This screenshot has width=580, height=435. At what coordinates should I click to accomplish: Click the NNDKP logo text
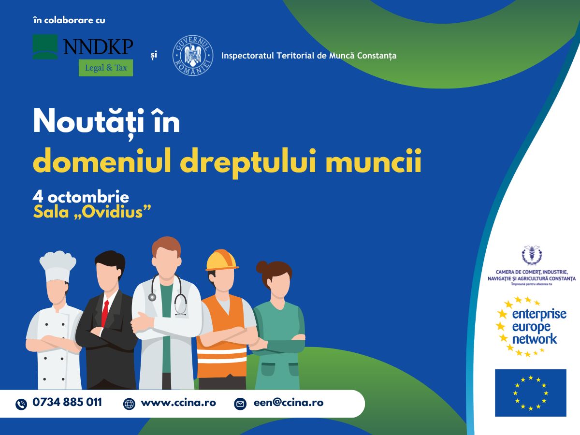[98, 47]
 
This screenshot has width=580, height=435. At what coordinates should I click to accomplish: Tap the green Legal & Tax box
[106, 68]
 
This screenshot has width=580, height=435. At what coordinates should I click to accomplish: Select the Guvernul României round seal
[193, 56]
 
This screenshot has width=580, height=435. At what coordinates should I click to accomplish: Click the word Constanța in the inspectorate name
[377, 56]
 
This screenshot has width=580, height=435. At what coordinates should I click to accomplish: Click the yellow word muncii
[374, 161]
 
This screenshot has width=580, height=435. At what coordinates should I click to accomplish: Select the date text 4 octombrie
[81, 197]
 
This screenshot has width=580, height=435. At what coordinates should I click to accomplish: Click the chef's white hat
[58, 266]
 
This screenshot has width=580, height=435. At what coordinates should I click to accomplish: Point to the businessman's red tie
[105, 314]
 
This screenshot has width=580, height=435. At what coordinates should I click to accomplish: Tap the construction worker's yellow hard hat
[222, 260]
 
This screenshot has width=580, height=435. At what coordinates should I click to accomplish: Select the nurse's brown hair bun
[262, 267]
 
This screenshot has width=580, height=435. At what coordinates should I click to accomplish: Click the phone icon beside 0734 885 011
[21, 404]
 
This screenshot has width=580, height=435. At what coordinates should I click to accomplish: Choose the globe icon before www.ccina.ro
[129, 404]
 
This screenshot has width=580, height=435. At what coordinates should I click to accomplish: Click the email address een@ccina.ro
[289, 403]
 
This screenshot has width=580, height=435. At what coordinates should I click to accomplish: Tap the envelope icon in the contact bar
[240, 404]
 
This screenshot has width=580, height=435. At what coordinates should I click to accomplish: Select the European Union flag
[531, 393]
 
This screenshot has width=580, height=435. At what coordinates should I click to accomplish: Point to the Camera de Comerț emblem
[532, 255]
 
